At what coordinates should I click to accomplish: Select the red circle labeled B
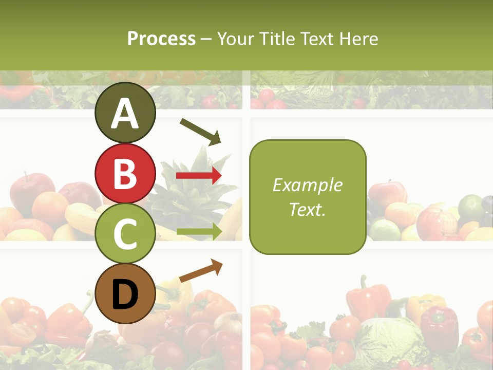pyautogui.click(x=125, y=173)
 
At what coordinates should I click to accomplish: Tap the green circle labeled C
pyautogui.click(x=125, y=233)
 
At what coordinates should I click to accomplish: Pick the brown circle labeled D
pyautogui.click(x=125, y=293)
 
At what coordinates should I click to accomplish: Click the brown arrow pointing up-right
pyautogui.click(x=201, y=271)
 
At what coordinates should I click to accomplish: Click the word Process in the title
pyautogui.click(x=161, y=39)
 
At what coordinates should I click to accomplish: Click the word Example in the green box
pyautogui.click(x=307, y=185)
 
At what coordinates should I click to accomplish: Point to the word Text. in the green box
pyautogui.click(x=307, y=209)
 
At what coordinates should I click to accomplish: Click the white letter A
pyautogui.click(x=125, y=114)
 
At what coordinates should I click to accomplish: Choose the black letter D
pyautogui.click(x=125, y=294)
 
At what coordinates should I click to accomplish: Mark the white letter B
pyautogui.click(x=125, y=174)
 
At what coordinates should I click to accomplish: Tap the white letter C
pyautogui.click(x=125, y=234)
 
